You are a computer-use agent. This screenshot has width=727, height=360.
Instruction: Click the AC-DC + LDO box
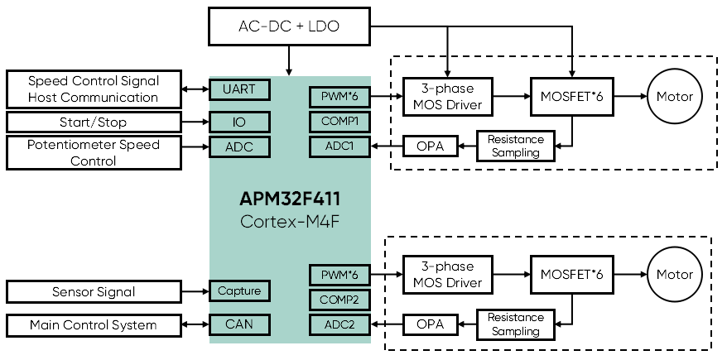(x=288, y=26)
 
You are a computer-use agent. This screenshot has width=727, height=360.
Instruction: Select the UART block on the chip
(x=239, y=89)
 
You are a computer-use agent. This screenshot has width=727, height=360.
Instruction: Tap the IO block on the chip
(x=239, y=122)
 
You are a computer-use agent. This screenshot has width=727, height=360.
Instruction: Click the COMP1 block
(x=339, y=122)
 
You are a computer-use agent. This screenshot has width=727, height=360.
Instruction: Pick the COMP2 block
(x=339, y=300)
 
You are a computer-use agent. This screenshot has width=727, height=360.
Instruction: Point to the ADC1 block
(x=339, y=147)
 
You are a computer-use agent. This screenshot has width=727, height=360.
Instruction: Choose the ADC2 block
(x=339, y=325)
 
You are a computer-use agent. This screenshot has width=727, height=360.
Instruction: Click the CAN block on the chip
(x=239, y=325)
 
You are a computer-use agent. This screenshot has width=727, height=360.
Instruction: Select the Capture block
(x=239, y=291)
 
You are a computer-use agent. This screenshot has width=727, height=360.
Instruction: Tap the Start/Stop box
(x=94, y=122)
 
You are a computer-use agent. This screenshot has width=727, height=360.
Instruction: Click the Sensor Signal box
(x=94, y=291)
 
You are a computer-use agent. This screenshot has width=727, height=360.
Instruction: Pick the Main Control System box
(x=94, y=325)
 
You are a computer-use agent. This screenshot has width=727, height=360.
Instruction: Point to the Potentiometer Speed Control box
(x=94, y=153)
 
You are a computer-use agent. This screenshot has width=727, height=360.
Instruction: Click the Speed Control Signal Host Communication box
(x=94, y=89)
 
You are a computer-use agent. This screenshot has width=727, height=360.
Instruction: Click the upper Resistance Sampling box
(x=515, y=146)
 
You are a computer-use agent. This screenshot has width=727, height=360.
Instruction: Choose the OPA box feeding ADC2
(x=431, y=324)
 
